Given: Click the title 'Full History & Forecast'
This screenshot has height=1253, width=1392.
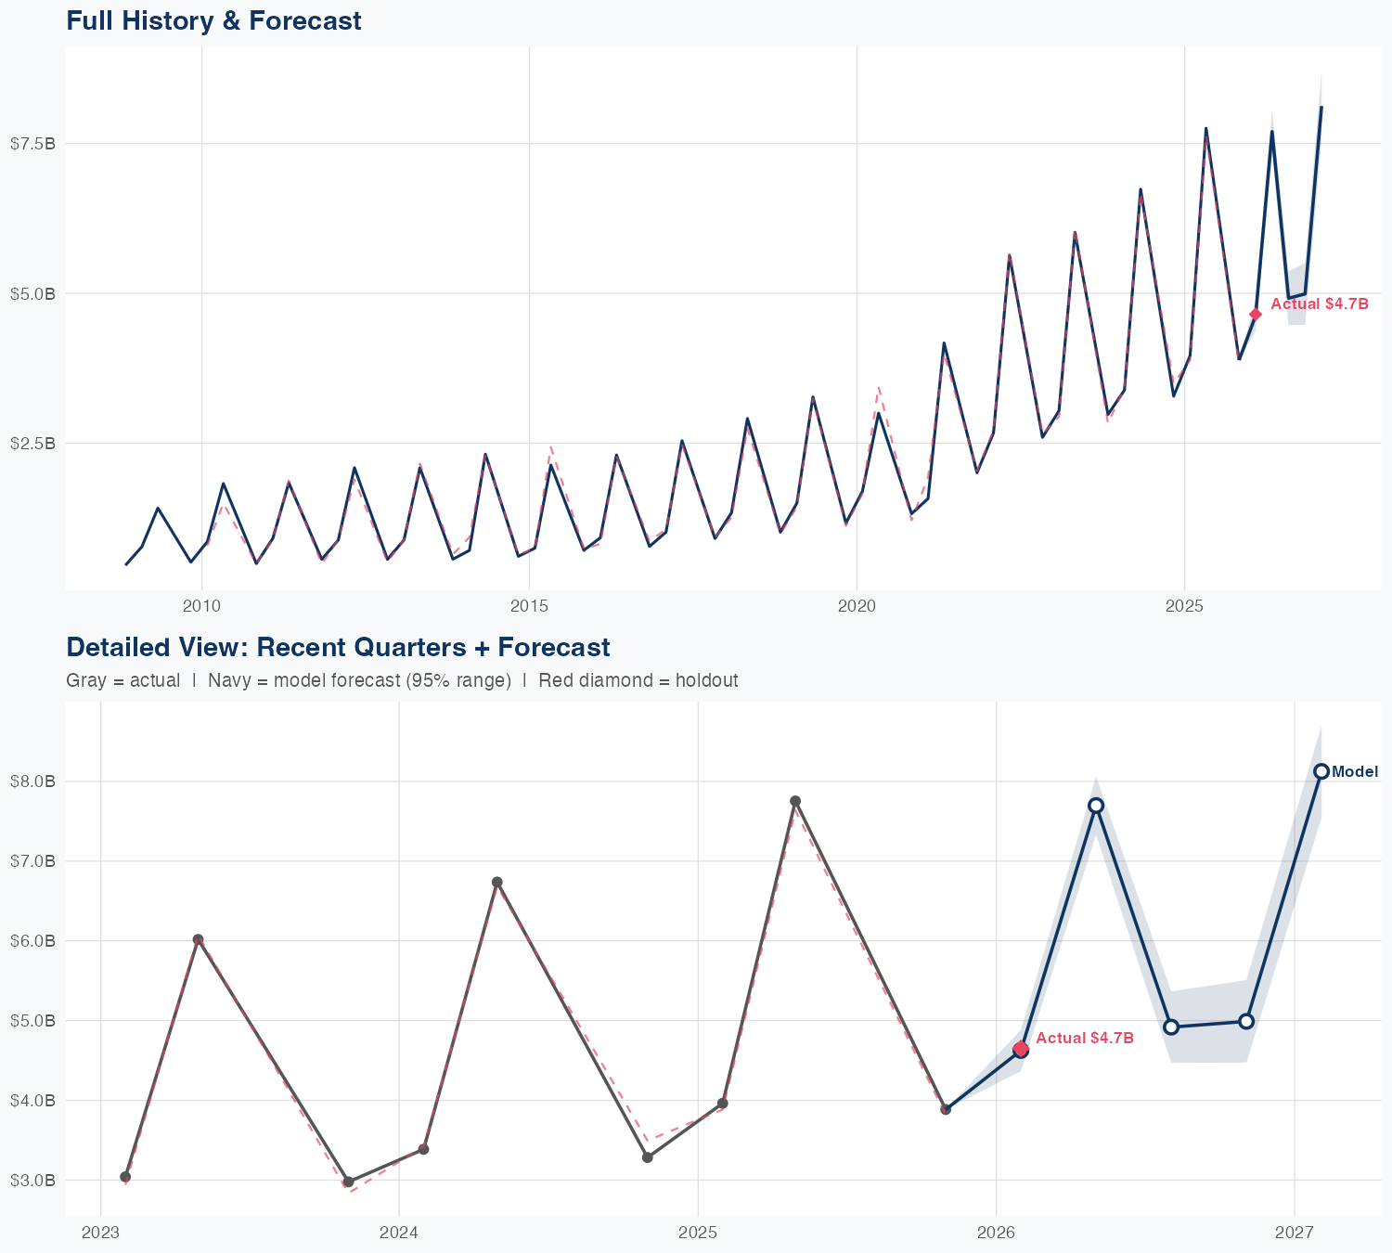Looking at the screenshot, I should [x=213, y=20].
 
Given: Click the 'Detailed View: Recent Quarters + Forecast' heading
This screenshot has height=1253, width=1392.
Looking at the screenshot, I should [x=338, y=647].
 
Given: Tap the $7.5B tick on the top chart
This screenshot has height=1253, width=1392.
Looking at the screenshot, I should [x=32, y=143].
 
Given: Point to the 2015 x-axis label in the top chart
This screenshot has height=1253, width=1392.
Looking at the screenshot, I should [x=529, y=606].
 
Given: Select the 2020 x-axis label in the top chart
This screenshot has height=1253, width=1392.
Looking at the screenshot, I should [x=857, y=606].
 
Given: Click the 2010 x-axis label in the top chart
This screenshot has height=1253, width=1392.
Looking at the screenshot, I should [x=201, y=606].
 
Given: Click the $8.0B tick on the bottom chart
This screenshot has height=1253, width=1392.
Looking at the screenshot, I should [x=32, y=782].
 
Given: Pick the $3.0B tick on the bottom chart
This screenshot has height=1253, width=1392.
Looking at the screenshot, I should [x=32, y=1181].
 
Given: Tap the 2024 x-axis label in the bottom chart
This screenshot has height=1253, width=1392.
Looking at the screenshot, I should [x=399, y=1233].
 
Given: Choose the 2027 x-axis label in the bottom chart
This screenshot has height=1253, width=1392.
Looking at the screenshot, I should [x=1295, y=1233].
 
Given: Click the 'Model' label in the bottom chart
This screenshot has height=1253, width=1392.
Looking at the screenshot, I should [x=1355, y=772].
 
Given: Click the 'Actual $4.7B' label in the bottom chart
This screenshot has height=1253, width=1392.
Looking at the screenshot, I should [x=1085, y=1038].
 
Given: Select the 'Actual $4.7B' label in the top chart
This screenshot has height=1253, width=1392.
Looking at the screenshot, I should [x=1319, y=304].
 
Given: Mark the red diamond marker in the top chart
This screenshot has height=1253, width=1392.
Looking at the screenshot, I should [x=1256, y=315].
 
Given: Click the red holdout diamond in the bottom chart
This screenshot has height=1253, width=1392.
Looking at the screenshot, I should [x=1021, y=1049].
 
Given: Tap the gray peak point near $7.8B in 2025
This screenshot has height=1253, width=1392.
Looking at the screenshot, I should [x=795, y=801].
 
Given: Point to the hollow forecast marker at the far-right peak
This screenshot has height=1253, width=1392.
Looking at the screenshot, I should [x=1321, y=771].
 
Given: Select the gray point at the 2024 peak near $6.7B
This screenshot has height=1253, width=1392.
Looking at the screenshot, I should [x=497, y=882].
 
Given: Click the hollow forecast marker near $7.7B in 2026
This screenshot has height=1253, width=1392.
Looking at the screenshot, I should [x=1096, y=805].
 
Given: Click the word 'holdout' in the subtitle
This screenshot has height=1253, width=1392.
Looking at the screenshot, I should [x=706, y=680].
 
